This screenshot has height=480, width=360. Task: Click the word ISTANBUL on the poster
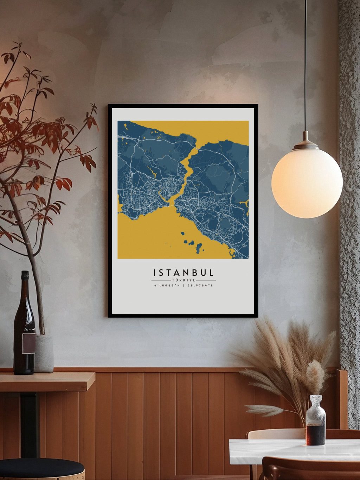pos(183,273)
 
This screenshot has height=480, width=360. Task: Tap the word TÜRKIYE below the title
pos(183,280)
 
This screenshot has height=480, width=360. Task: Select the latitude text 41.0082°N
pos(167,286)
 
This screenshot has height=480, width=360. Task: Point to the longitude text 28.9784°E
pos(199,286)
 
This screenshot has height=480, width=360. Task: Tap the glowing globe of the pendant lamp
pos(307,183)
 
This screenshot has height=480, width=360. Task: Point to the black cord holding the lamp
pos(305,70)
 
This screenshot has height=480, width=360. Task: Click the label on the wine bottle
pos(28,343)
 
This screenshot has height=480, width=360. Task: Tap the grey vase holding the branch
pos(44,353)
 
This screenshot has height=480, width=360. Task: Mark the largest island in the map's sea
pos(200,249)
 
